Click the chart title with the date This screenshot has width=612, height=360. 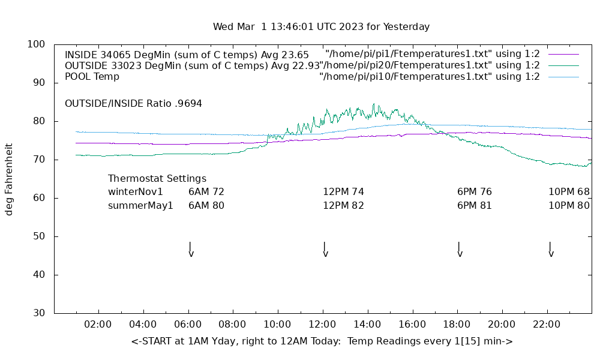coord(321,27)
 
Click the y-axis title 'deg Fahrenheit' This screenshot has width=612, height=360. coord(9,179)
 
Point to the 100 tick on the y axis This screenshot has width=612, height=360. coord(37,44)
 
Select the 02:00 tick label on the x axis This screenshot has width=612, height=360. coord(98,325)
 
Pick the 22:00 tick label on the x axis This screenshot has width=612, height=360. coord(547,325)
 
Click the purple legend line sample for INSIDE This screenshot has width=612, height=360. coord(563,54)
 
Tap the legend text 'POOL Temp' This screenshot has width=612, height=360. coord(92,77)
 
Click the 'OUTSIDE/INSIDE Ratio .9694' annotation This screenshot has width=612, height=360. coord(133,104)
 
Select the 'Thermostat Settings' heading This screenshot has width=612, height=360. coord(157,179)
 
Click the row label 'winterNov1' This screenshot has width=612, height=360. coord(136,192)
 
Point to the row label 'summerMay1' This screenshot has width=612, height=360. coord(140,206)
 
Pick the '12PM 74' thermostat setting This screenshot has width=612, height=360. coord(343,192)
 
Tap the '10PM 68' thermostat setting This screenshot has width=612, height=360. coord(569,192)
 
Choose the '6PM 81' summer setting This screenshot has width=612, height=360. coord(474,206)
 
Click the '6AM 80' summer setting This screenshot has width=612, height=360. coord(206,206)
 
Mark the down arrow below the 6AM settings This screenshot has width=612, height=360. coord(191,250)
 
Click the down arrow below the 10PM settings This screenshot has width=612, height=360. coord(551,250)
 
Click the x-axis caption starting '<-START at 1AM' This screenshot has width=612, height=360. coord(322,341)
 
